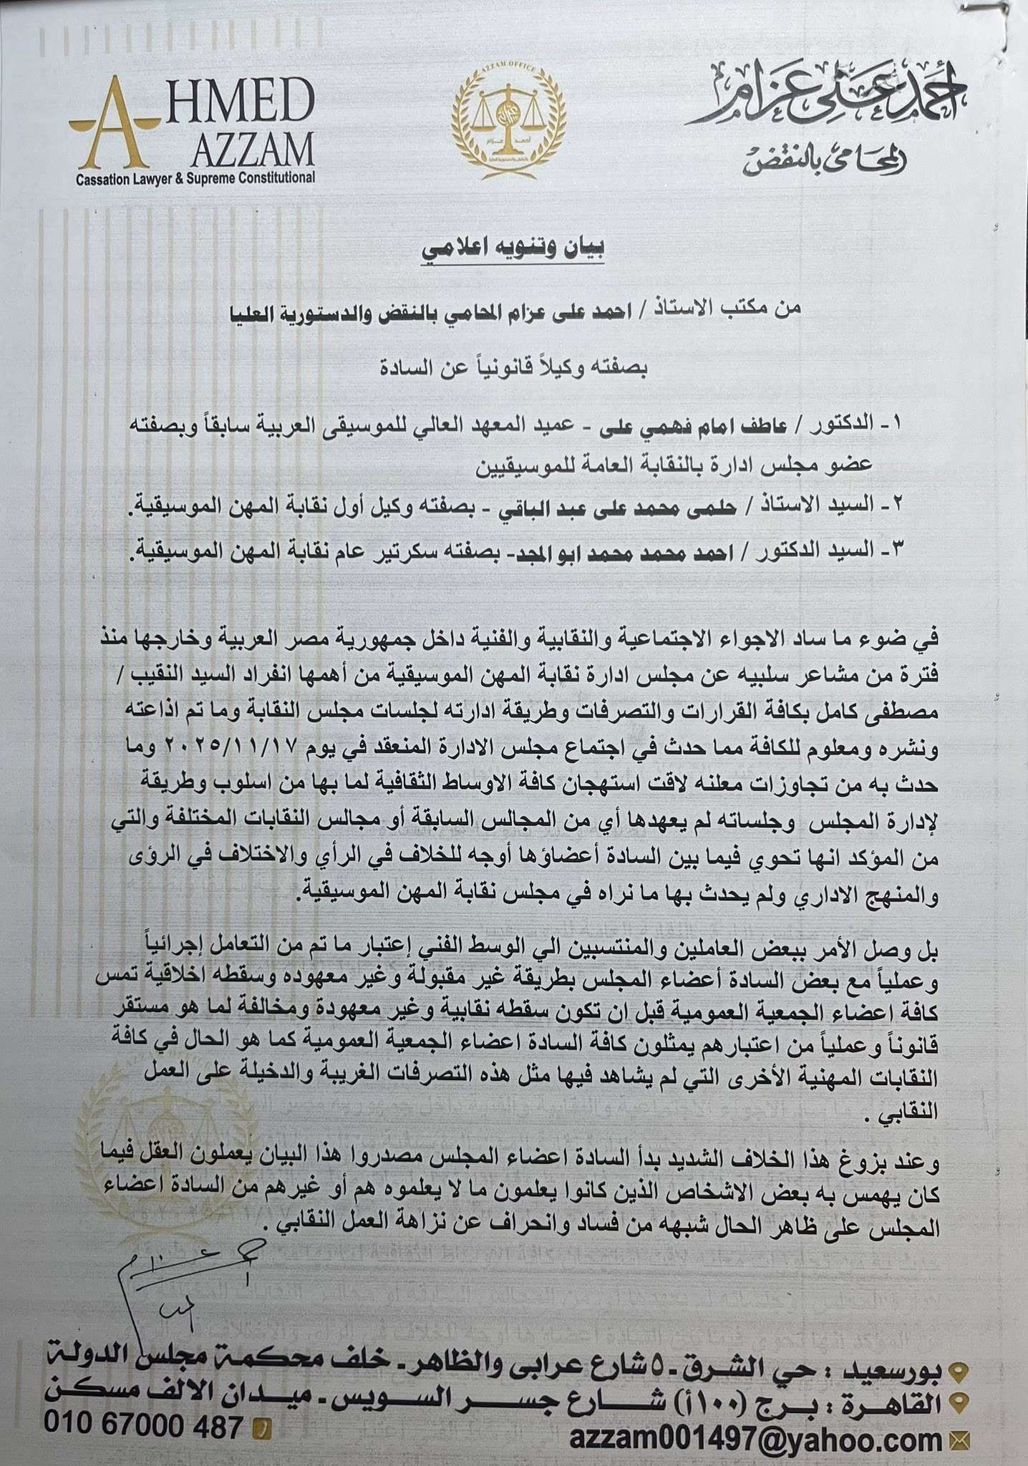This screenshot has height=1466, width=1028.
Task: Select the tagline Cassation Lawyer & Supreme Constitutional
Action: [195, 178]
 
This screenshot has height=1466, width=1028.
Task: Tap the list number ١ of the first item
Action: [897, 423]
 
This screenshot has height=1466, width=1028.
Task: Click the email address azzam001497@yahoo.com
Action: [756, 1437]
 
